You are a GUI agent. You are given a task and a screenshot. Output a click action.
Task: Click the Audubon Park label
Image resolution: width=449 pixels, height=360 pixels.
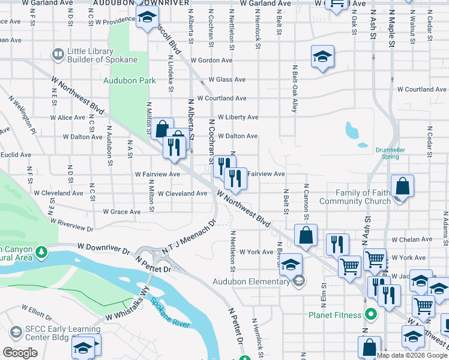(x=129, y=80)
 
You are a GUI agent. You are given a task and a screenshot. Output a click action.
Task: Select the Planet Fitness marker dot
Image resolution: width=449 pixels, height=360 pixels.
(x=371, y=314)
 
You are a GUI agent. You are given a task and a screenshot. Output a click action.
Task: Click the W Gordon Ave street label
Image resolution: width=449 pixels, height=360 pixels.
(x=211, y=61)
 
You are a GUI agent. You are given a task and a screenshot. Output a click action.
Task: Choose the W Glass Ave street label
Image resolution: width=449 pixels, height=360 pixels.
(x=227, y=80)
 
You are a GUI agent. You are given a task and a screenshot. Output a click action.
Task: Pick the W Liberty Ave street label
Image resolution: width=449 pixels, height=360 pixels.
(x=238, y=118)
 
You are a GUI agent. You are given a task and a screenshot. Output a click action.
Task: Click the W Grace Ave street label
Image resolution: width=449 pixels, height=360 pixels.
(x=121, y=212)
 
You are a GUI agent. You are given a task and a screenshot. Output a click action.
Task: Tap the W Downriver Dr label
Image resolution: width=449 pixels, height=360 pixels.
(x=104, y=247)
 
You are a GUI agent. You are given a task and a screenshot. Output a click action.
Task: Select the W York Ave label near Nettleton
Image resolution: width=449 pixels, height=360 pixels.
(x=256, y=252)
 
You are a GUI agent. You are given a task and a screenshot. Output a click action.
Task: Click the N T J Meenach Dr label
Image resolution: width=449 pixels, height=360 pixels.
(x=188, y=240)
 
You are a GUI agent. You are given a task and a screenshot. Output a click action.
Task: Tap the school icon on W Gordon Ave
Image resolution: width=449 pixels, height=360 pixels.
(x=322, y=57)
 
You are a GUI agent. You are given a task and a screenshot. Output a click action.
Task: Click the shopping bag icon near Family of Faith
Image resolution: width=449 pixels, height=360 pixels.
(x=402, y=186)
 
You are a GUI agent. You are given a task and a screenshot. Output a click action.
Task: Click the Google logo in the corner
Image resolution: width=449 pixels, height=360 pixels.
(x=20, y=353)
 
